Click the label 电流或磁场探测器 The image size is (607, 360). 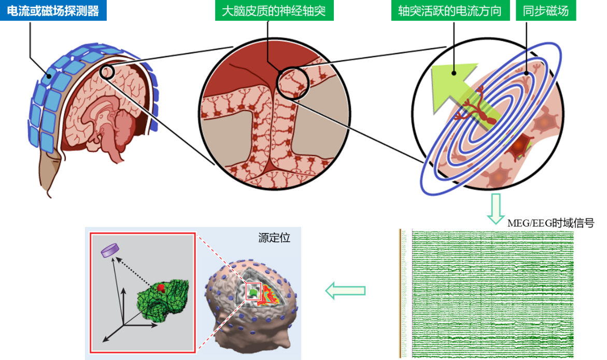53,10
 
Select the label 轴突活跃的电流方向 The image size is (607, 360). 450,10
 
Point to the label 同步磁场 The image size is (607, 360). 545,10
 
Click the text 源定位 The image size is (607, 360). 274,238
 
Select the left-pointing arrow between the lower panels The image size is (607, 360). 345,291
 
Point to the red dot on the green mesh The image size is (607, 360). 161,287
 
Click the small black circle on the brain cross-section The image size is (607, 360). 108,72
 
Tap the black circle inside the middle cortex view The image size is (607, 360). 292,82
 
